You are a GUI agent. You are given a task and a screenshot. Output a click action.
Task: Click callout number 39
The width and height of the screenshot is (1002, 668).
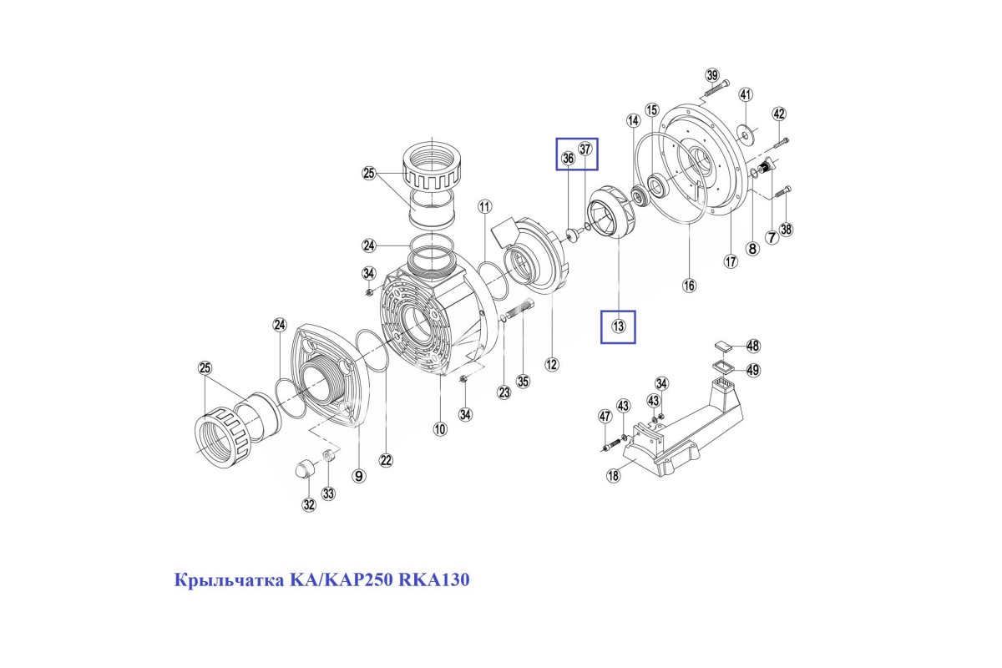click(x=712, y=75)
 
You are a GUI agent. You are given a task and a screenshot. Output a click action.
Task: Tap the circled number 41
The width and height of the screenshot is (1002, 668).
click(x=745, y=95)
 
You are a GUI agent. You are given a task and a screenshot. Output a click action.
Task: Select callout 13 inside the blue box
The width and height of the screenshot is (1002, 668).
click(x=618, y=326)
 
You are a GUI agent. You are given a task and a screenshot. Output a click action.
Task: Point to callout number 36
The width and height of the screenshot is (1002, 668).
click(x=568, y=158)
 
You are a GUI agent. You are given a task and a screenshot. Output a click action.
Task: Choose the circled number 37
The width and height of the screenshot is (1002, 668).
click(x=585, y=149)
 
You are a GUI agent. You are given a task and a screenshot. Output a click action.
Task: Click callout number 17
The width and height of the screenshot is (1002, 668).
click(x=731, y=261)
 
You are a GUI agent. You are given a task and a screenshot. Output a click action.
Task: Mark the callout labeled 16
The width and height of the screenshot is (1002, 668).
click(x=690, y=285)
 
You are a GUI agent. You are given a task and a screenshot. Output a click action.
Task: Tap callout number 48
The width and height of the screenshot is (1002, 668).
click(x=753, y=346)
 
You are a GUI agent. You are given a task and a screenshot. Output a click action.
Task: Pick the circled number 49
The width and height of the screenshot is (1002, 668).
click(x=753, y=370)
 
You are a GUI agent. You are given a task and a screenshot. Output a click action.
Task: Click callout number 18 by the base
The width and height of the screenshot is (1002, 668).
click(x=613, y=475)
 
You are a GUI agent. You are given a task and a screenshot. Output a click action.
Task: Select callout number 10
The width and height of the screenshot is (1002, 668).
click(x=440, y=429)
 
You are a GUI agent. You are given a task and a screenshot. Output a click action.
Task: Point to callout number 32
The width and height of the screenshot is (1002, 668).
click(x=309, y=504)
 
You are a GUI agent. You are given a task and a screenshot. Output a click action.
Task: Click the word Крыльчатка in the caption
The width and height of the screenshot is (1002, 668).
click(x=229, y=580)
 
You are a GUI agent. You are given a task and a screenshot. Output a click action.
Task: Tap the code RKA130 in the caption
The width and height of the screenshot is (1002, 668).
click(x=434, y=579)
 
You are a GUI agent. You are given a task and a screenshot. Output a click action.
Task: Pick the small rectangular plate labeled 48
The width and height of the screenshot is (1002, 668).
click(x=722, y=346)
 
